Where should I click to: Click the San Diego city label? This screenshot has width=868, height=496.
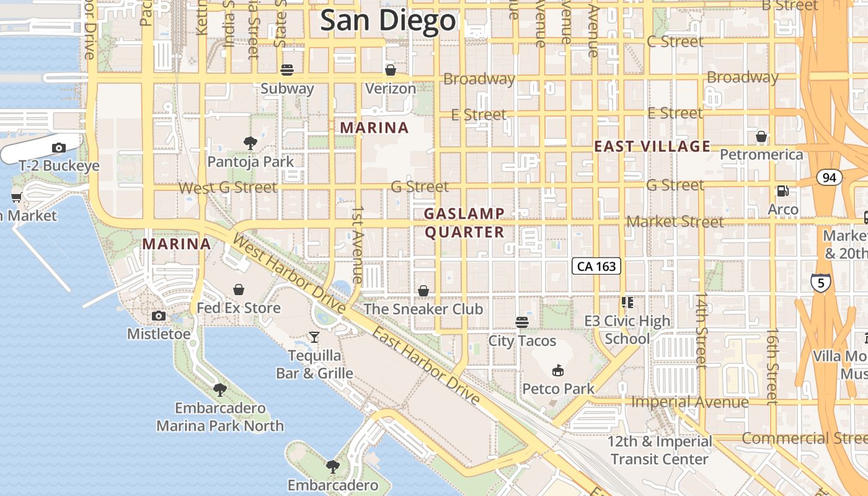[x=388, y=21]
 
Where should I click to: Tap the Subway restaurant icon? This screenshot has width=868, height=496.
[x=287, y=70]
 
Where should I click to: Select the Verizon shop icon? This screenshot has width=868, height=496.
[x=391, y=70]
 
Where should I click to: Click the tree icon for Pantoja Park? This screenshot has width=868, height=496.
[x=250, y=143]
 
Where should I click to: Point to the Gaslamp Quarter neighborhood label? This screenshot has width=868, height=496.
[x=464, y=223]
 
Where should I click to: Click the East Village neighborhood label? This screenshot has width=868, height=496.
[x=652, y=146]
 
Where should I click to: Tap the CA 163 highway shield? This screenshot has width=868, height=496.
[x=596, y=267]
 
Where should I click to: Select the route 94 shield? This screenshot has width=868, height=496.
[x=830, y=178]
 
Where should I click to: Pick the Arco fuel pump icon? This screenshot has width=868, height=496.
[x=783, y=191]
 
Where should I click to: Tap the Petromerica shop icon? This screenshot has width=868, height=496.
[x=761, y=136]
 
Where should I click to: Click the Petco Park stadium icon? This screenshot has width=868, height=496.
[x=558, y=371]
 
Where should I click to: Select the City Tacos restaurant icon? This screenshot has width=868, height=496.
[x=522, y=322]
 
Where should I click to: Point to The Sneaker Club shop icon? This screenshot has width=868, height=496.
[x=423, y=290]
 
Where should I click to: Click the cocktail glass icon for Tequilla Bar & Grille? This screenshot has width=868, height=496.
[x=314, y=337]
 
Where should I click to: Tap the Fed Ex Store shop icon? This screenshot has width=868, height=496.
[x=239, y=290]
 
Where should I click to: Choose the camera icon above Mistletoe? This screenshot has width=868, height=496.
[x=159, y=316]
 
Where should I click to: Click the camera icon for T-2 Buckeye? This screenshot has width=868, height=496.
[x=59, y=148]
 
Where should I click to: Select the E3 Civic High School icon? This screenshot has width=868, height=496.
[x=627, y=303]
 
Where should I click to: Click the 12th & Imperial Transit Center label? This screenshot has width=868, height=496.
[x=659, y=450]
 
